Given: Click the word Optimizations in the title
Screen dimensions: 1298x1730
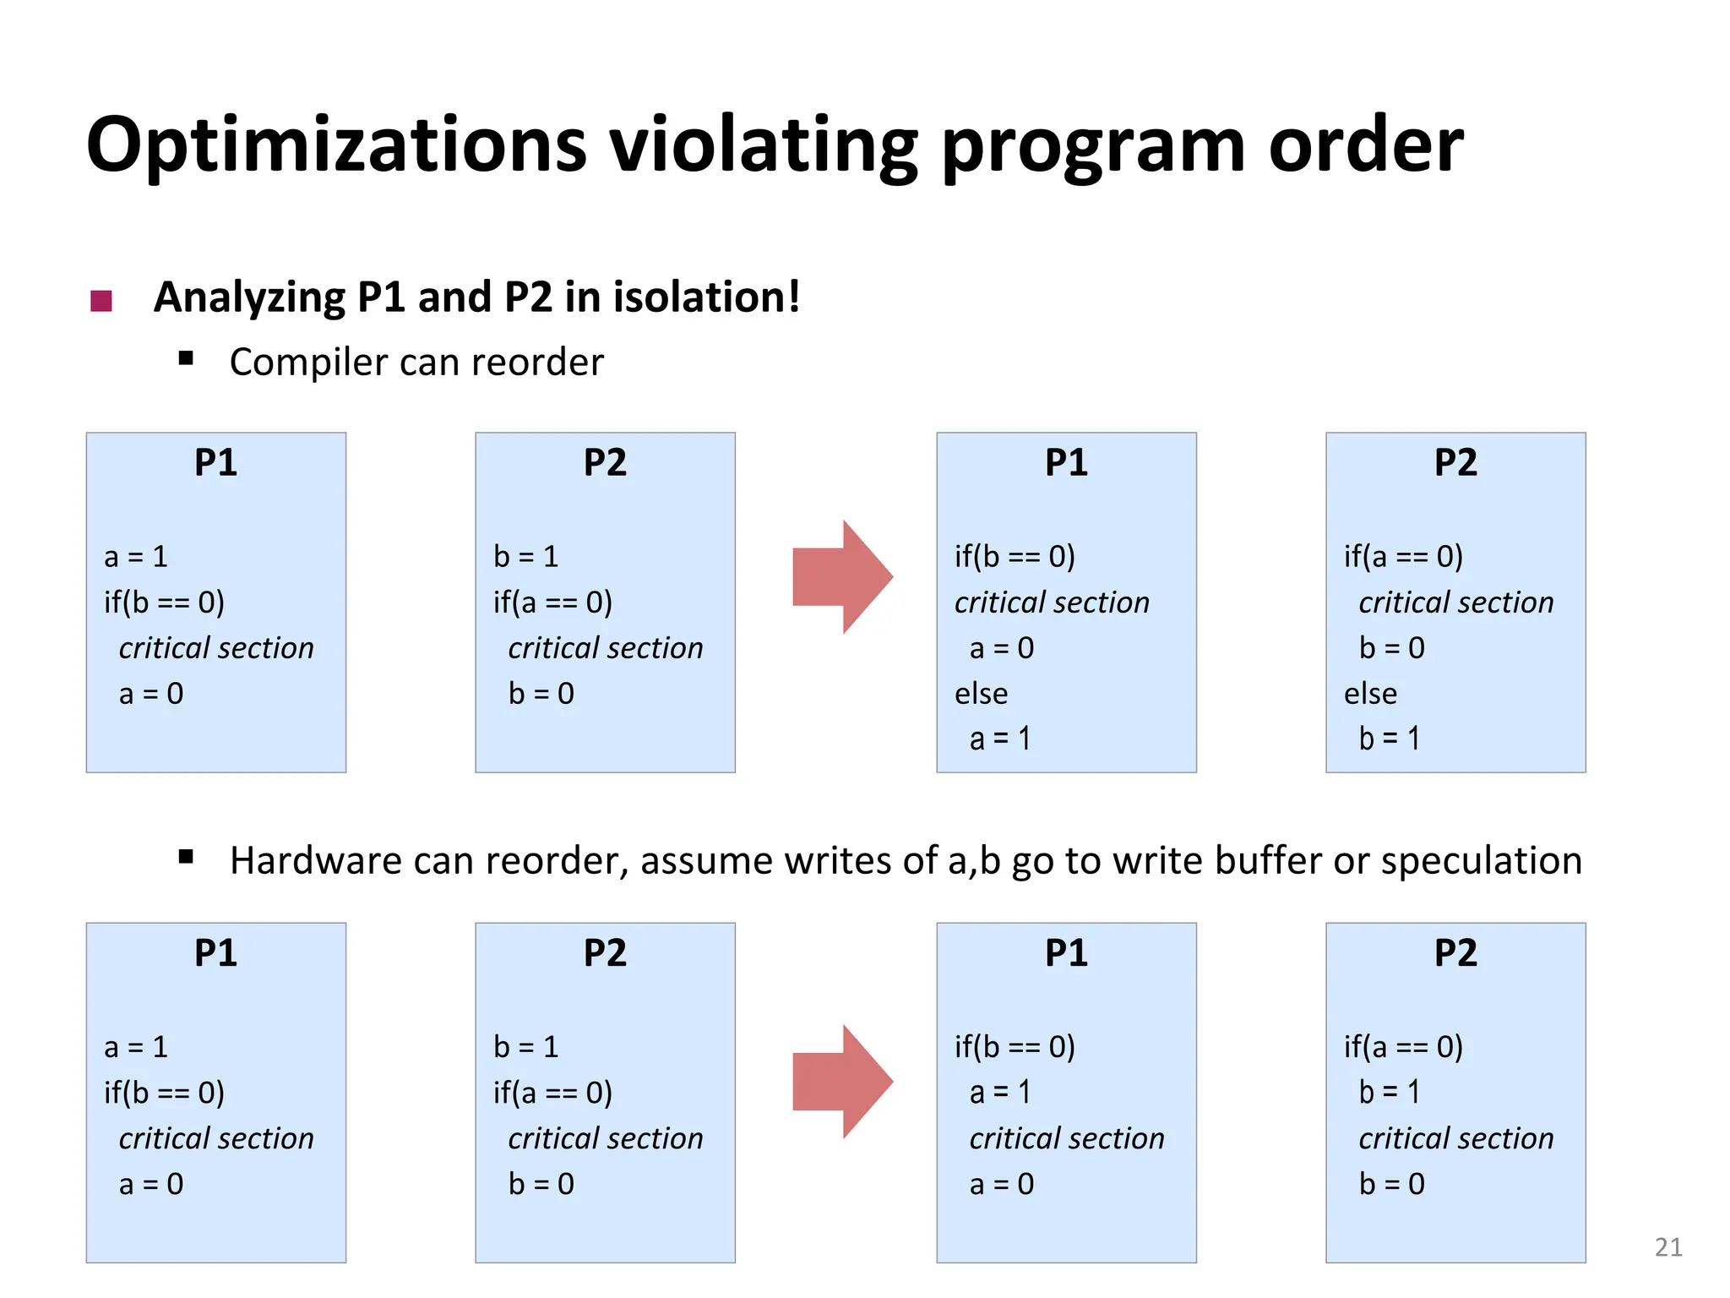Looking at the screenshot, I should point(336,145).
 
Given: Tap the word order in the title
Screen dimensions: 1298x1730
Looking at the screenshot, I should point(1366,145).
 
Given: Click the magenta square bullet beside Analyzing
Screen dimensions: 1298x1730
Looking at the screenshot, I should point(101,301).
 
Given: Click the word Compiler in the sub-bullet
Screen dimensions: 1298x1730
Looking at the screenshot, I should point(307,363).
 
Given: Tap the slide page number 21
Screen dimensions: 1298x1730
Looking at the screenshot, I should point(1667,1247).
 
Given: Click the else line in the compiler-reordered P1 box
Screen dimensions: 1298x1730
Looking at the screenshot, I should point(981,694).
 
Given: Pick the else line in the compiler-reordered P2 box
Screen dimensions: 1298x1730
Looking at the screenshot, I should point(1370,694).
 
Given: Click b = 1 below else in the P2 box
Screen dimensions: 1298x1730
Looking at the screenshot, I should point(1389,739).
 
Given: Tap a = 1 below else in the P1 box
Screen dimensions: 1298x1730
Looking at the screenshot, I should point(1000,739).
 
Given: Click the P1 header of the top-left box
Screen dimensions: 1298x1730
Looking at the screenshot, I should point(215,463).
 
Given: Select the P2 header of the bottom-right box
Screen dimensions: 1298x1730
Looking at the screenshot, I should point(1455,953).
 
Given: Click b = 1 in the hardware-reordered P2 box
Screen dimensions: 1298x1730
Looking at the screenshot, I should point(1389,1093).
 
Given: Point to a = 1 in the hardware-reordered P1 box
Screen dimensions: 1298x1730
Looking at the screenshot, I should point(1000,1093).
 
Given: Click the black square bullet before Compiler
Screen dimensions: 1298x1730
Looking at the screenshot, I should point(187,358).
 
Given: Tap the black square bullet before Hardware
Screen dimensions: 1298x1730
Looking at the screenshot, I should point(187,858).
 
